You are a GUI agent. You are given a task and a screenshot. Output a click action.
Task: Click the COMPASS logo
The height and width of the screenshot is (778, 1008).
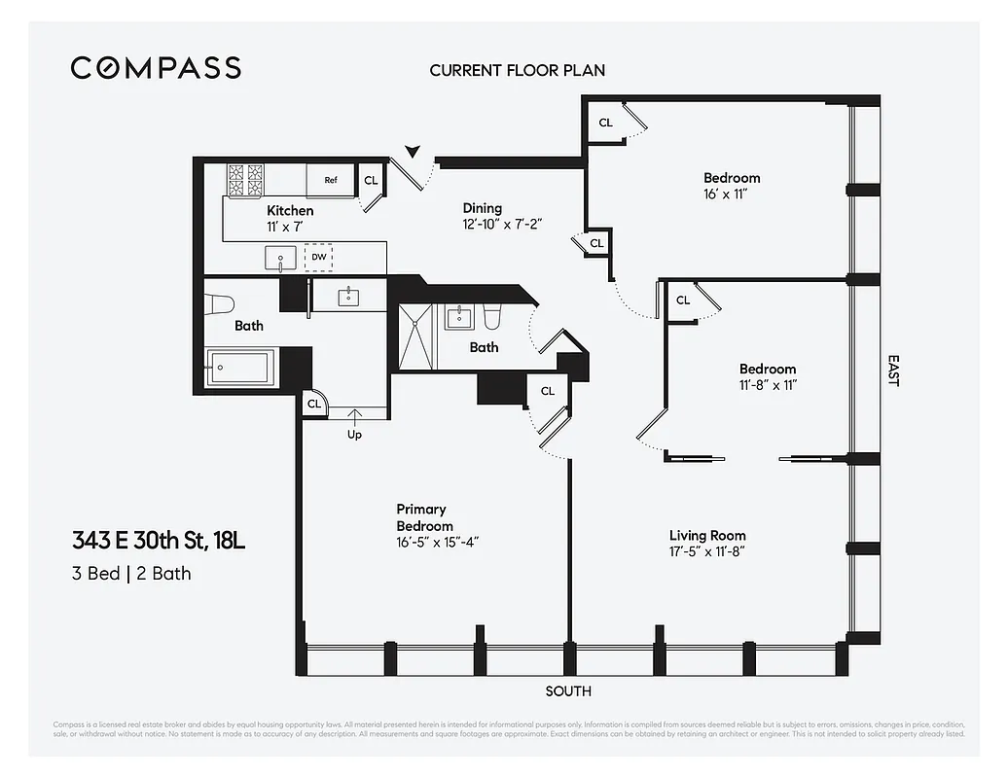(156, 68)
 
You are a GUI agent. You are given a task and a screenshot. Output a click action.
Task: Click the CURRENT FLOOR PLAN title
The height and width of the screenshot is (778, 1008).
(517, 70)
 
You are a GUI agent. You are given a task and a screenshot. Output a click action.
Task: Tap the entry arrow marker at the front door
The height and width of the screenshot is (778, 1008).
(414, 151)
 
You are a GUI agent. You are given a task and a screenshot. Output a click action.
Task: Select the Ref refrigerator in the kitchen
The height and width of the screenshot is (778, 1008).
(331, 180)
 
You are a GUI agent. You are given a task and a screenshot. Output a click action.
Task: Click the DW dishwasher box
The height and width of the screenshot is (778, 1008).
(318, 258)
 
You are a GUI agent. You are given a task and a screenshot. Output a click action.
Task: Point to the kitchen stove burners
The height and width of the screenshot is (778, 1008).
(245, 180)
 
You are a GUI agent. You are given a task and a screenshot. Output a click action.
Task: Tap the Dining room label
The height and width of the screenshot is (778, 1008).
(483, 208)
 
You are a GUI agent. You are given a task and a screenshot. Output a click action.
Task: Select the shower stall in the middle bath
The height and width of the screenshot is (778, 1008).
(416, 336)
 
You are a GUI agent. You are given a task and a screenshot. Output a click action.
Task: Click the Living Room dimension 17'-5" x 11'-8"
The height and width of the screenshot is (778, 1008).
(707, 552)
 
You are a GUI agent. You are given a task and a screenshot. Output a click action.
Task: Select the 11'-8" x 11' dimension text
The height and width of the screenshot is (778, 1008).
(767, 385)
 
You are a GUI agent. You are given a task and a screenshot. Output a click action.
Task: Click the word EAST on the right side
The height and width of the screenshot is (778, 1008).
(892, 370)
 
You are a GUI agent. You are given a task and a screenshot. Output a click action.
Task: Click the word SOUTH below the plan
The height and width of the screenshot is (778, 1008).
(568, 691)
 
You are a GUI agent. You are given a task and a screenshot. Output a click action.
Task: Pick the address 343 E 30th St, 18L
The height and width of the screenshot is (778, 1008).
(158, 540)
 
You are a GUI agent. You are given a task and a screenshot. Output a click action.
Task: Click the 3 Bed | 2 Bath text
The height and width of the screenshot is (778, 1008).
(131, 573)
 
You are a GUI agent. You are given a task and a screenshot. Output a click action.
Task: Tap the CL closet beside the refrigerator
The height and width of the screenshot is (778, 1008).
(371, 181)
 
